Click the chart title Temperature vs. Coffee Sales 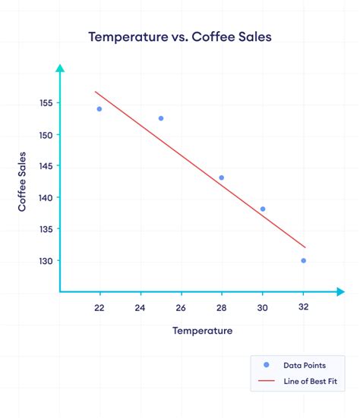click(x=179, y=36)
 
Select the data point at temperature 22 click(x=99, y=109)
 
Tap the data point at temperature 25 click(x=161, y=118)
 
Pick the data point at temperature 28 click(x=222, y=178)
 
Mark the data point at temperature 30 click(x=263, y=209)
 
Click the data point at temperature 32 click(x=303, y=260)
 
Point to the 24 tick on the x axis click(x=140, y=308)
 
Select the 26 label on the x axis click(x=181, y=308)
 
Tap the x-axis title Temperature click(x=202, y=331)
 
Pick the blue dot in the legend click(x=266, y=365)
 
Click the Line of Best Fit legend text click(x=306, y=381)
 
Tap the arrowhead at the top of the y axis click(x=60, y=69)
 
